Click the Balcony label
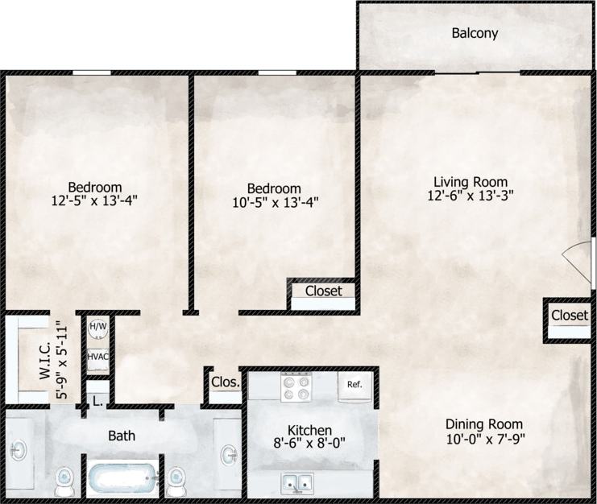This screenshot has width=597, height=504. coord(475,34)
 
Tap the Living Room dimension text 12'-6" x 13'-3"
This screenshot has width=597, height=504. coord(473,195)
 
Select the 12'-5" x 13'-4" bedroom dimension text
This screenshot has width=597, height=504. coord(95,201)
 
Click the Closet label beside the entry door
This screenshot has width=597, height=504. coord(569,316)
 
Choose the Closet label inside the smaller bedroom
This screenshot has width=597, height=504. coord(323,291)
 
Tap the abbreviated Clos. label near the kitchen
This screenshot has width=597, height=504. coord(225,382)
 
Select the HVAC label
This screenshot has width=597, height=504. coord(97,357)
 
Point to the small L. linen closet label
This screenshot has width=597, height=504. coord(97,400)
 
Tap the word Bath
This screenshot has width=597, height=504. coord(122,436)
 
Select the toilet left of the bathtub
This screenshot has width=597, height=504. coord(64,481)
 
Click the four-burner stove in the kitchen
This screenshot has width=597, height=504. coord(296,389)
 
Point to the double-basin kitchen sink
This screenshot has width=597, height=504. coord(297,483)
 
